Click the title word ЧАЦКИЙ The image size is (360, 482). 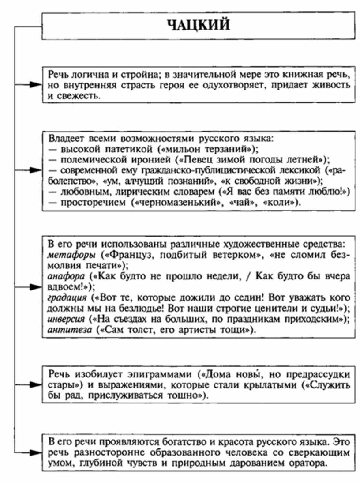pos(199,25)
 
